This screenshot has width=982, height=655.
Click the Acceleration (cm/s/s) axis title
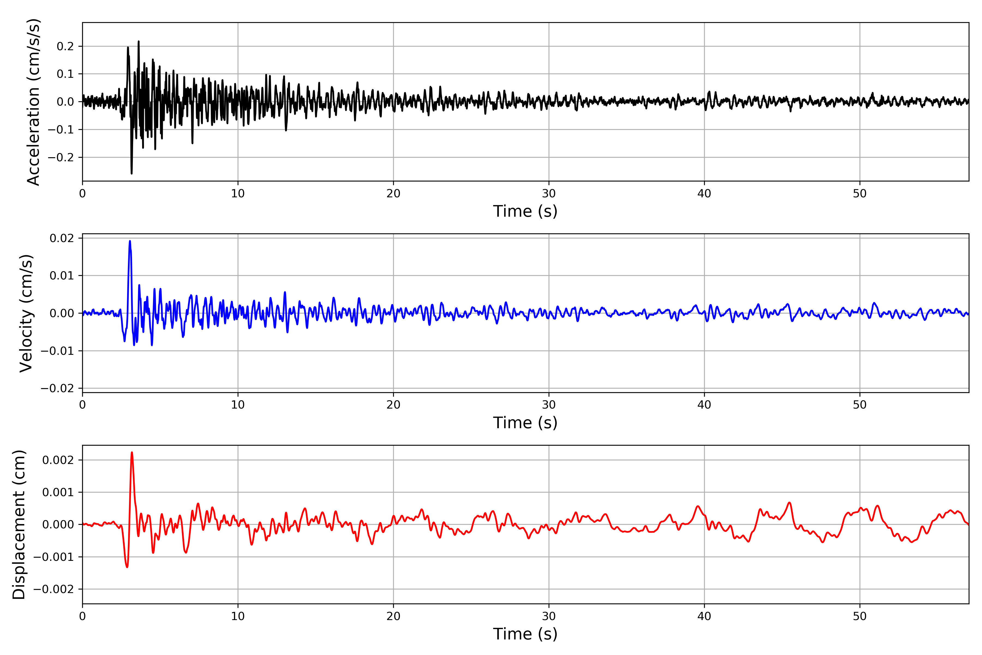click(x=33, y=102)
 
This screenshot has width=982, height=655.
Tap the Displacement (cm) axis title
click(x=19, y=524)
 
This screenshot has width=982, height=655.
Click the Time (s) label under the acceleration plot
click(x=525, y=211)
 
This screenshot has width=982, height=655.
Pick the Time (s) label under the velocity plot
click(x=525, y=423)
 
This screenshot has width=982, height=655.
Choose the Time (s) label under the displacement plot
click(x=525, y=634)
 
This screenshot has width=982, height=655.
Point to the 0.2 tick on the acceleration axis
click(x=65, y=46)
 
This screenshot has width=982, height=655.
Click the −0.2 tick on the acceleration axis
click(x=61, y=157)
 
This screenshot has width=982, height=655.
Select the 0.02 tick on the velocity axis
click(x=62, y=238)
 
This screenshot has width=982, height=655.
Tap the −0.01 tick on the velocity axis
click(x=57, y=351)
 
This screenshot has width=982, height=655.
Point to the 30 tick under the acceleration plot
click(x=549, y=193)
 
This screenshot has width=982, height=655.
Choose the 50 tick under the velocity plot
click(x=860, y=405)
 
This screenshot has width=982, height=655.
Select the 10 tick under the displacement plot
click(x=238, y=616)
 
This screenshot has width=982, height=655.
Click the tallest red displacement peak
click(x=132, y=452)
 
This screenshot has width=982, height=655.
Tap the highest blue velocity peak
click(x=130, y=241)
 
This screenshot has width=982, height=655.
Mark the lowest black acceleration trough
click(x=131, y=173)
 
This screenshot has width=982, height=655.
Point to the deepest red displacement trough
click(x=127, y=567)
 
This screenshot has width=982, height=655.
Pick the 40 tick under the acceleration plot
click(x=704, y=193)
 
